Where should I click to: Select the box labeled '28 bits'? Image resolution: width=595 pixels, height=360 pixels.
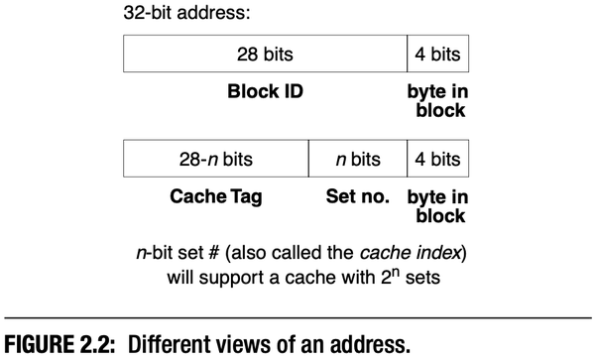click(x=265, y=54)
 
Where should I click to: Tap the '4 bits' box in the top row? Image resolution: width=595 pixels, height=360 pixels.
click(x=437, y=54)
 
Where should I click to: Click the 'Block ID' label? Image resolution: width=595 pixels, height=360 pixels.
click(x=265, y=93)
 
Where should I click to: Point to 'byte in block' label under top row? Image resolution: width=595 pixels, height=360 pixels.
click(x=437, y=101)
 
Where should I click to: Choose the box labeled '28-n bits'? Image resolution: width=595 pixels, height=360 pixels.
click(x=216, y=159)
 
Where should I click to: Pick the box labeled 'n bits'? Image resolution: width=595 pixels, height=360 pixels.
click(x=358, y=159)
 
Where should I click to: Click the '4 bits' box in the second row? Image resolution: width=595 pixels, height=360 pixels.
click(x=437, y=159)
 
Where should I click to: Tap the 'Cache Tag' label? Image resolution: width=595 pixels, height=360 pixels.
click(x=216, y=197)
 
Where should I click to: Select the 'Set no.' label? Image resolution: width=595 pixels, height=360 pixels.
click(x=358, y=197)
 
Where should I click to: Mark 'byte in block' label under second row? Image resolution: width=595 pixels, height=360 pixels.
click(x=437, y=206)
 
